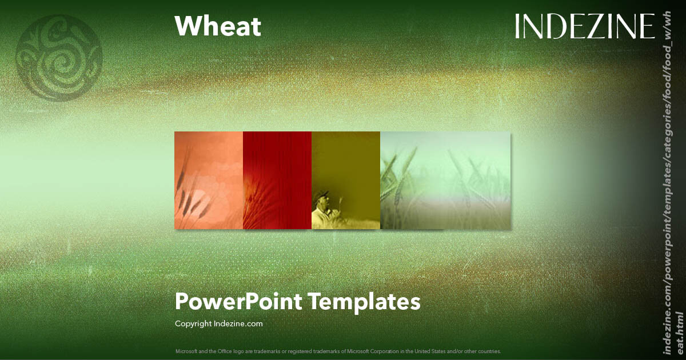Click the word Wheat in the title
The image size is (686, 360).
217,26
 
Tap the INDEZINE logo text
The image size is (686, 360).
584,26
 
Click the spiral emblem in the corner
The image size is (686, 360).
59,57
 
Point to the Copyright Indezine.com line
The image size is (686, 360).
218,323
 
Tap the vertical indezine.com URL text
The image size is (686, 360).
673,183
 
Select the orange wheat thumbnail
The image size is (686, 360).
209,180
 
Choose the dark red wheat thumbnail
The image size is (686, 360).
277,180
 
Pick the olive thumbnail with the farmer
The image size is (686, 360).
346,180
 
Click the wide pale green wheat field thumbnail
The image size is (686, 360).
445,180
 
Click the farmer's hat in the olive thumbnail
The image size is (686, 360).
322,194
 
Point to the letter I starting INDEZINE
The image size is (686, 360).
518,26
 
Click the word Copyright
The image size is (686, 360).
193,323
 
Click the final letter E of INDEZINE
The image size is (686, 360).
647,26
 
